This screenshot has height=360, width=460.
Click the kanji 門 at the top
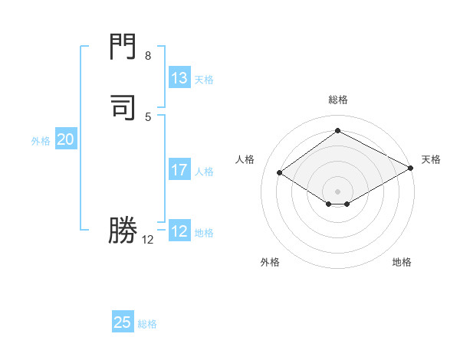[x=123, y=47]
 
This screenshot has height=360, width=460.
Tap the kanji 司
[x=123, y=106]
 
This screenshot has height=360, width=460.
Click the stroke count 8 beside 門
[x=148, y=56]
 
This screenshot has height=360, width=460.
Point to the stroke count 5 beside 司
[x=148, y=116]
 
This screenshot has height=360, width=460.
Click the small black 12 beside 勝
[x=148, y=240]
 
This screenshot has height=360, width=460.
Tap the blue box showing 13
[x=179, y=78]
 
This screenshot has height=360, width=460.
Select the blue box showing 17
[x=179, y=170]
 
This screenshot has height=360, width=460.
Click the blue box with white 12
[x=179, y=231]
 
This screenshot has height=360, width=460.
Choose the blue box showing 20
[x=66, y=139]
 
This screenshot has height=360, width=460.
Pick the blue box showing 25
[x=123, y=322]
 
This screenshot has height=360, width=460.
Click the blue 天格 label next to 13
[x=204, y=80]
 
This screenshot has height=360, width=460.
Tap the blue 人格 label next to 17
[x=204, y=172]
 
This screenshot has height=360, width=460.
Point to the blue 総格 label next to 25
[x=147, y=324]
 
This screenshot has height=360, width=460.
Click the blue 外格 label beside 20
[x=41, y=141]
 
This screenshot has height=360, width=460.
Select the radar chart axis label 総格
[x=337, y=100]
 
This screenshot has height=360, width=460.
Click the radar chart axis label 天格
[x=431, y=159]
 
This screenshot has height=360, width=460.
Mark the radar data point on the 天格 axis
[x=411, y=169]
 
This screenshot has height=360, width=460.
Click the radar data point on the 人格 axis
[x=280, y=173]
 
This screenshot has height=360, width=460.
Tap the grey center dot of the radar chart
[x=337, y=191]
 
